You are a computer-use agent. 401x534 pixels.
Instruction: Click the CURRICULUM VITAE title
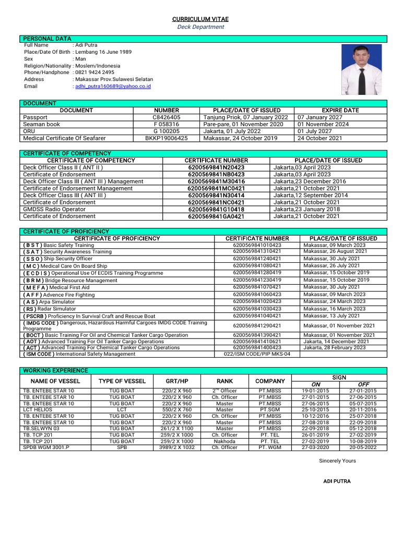click(200, 19)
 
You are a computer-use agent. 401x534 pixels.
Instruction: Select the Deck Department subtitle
click(200, 27)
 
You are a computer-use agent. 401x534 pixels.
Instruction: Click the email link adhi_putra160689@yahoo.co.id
click(113, 86)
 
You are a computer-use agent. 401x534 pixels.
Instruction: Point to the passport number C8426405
click(166, 117)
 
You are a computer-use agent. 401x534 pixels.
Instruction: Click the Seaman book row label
click(42, 124)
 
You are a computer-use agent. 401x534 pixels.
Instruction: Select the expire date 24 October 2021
click(320, 138)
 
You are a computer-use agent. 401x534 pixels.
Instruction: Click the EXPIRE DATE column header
click(340, 111)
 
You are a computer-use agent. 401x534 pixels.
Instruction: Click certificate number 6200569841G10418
click(216, 209)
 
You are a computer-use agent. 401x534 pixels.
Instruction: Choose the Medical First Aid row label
click(56, 287)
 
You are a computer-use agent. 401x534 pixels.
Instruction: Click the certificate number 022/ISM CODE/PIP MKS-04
click(257, 354)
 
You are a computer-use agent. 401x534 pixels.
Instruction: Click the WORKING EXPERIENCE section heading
click(55, 370)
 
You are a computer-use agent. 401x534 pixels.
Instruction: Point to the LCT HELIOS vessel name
click(38, 410)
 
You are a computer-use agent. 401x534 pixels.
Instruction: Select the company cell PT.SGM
click(270, 410)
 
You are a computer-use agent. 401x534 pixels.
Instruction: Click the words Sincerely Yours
click(337, 461)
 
